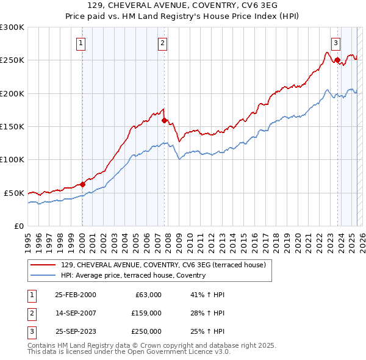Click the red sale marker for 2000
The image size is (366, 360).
click(83, 184)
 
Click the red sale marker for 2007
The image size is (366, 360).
click(165, 121)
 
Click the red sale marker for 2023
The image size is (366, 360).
click(337, 60)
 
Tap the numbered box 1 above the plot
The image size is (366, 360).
click(81, 43)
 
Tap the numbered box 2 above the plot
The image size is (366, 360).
click(163, 43)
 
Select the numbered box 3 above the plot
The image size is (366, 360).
click(335, 43)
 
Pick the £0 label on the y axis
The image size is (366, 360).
click(18, 226)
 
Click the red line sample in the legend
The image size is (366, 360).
click(43, 265)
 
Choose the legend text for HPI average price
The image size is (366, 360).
click(133, 275)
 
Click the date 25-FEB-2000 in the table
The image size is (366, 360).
click(75, 295)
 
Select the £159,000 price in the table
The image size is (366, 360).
click(146, 313)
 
